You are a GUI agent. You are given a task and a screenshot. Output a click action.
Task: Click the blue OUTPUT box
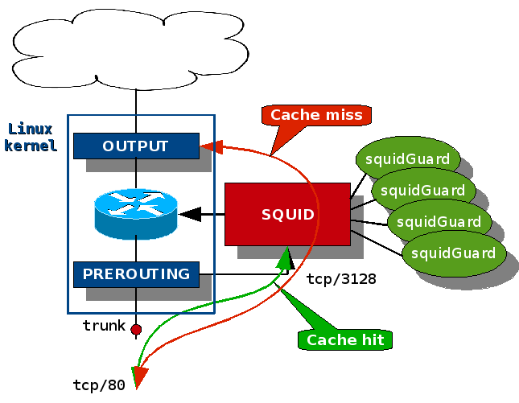[136, 146]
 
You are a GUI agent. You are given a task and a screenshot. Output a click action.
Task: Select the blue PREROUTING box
[136, 274]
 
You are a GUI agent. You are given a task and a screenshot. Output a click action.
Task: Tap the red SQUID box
[286, 214]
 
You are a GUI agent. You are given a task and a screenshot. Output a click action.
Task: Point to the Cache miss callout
[316, 115]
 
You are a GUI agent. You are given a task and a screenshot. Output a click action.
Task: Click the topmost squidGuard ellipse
[407, 159]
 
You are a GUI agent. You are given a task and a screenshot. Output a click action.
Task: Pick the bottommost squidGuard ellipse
[453, 253]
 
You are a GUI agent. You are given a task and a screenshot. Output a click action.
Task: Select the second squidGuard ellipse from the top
[423, 191]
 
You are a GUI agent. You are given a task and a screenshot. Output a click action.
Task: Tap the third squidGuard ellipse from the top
[439, 222]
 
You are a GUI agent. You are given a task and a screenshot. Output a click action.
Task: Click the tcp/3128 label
[341, 279]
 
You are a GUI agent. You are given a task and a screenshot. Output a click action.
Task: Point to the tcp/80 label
[99, 385]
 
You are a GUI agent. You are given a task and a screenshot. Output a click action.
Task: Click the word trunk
[104, 326]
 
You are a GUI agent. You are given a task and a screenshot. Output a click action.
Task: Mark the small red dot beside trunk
[136, 329]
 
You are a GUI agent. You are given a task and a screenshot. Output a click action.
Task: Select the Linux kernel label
[31, 137]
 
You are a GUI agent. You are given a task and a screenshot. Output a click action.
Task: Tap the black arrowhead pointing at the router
[190, 214]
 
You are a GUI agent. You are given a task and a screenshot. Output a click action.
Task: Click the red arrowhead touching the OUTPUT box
[211, 146]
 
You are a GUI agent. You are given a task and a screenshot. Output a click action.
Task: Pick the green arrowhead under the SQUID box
[285, 257]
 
